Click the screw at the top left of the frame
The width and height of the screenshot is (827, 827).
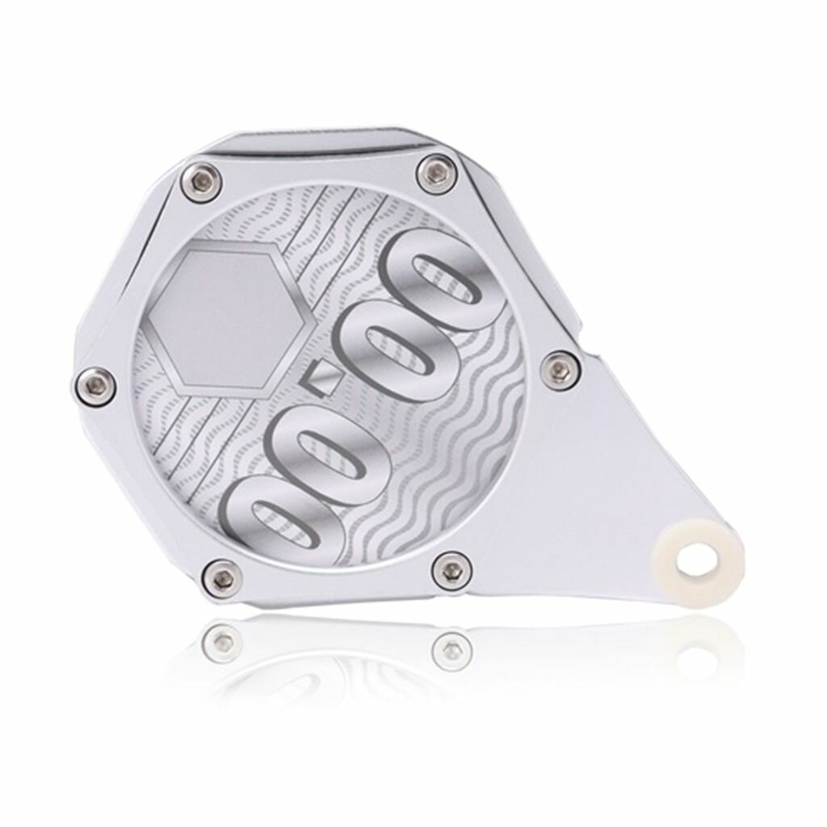point(201,176)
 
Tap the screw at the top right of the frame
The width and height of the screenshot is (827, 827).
point(436,172)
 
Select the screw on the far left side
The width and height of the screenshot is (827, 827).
point(96,383)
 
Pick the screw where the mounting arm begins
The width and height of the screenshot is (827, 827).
point(558,367)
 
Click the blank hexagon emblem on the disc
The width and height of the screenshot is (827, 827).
point(229,317)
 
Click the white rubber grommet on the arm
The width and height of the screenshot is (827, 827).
point(698,556)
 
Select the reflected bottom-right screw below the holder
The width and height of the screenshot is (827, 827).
point(451,646)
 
